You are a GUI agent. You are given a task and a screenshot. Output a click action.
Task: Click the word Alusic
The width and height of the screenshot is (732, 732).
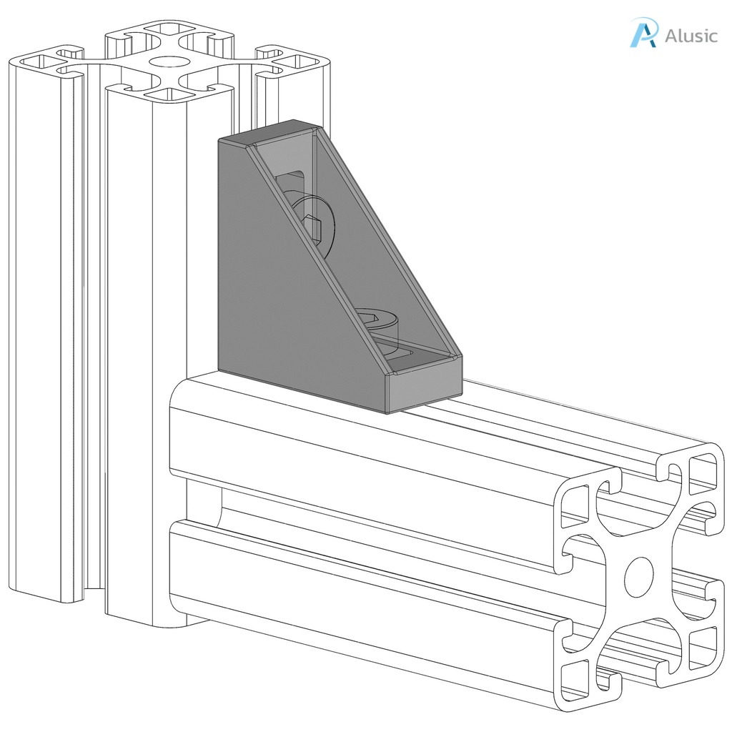pyautogui.click(x=691, y=36)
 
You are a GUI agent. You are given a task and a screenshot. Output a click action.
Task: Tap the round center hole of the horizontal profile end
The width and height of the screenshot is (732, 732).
pyautogui.click(x=638, y=576)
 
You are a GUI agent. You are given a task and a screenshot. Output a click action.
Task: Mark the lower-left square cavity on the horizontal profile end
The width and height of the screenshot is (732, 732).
pyautogui.click(x=575, y=679)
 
